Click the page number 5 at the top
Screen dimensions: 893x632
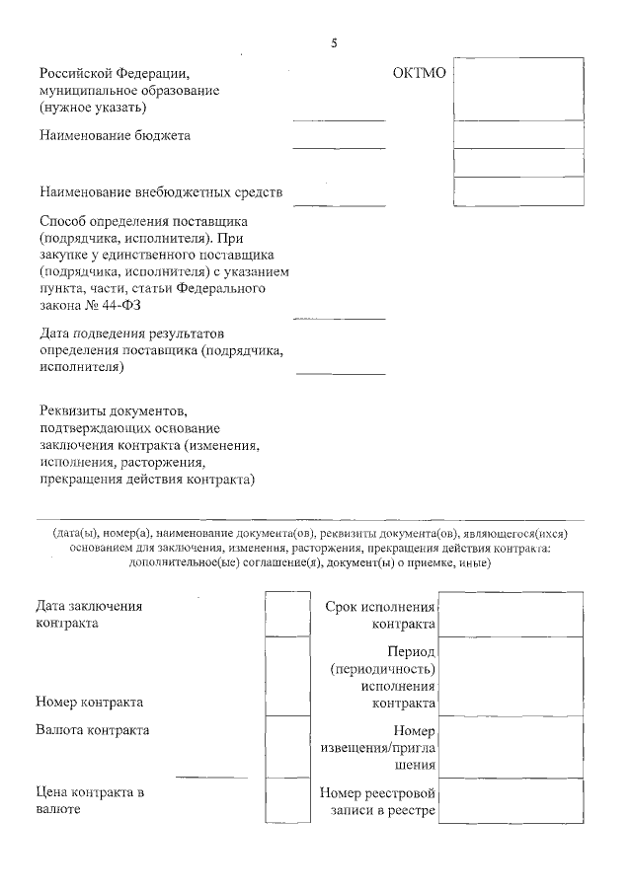coord(335,42)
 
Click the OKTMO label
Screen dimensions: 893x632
coord(420,73)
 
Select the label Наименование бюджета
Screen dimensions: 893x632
coord(116,135)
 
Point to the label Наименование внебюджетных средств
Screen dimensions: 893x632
coord(161,191)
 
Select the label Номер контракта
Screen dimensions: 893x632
coord(89,703)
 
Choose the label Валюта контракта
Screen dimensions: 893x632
coord(93,730)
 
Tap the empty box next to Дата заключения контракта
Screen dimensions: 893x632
coord(287,614)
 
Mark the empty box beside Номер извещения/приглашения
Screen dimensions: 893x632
coord(510,748)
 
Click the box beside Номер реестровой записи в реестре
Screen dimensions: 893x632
coord(510,801)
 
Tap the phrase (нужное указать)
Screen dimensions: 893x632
coord(94,107)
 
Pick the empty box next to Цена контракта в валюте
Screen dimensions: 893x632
coord(287,801)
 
